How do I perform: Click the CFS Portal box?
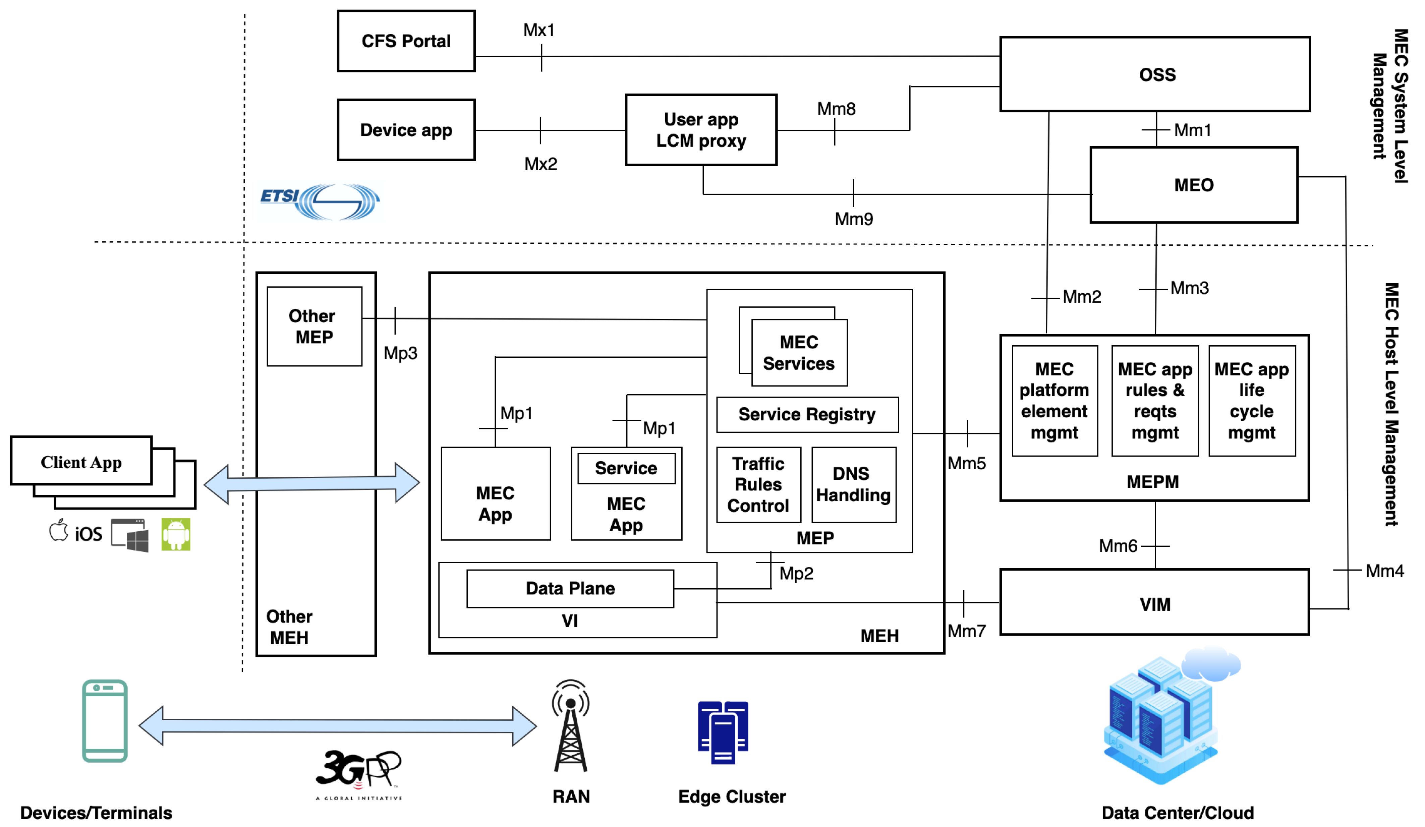pyautogui.click(x=406, y=41)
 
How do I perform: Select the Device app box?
pyautogui.click(x=406, y=130)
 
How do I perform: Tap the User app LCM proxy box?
pyautogui.click(x=701, y=130)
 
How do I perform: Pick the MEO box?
pyautogui.click(x=1193, y=185)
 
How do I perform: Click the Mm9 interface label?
pyautogui.click(x=853, y=219)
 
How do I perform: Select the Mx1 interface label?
pyautogui.click(x=538, y=30)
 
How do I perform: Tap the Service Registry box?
pyautogui.click(x=807, y=414)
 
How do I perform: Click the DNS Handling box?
pyautogui.click(x=853, y=484)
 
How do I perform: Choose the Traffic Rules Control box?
pyautogui.click(x=758, y=484)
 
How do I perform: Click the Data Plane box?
pyautogui.click(x=570, y=588)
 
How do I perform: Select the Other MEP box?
pyautogui.click(x=315, y=326)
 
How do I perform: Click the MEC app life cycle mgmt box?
pyautogui.click(x=1251, y=401)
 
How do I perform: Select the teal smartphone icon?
pyautogui.click(x=105, y=721)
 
